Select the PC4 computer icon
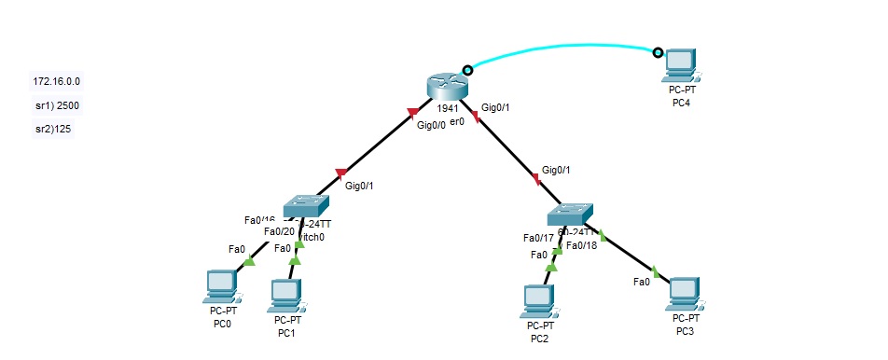[x=680, y=66]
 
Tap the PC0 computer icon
[x=221, y=287]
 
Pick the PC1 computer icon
[x=285, y=295]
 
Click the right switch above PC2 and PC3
[x=570, y=213]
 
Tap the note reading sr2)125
[x=53, y=129]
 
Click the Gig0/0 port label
[x=431, y=125]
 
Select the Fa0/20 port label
[x=279, y=231]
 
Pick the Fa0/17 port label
[x=538, y=238]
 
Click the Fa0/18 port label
[x=581, y=245]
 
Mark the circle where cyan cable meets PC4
[x=658, y=53]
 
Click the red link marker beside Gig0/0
[x=412, y=114]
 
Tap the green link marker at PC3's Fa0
[x=656, y=272]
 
